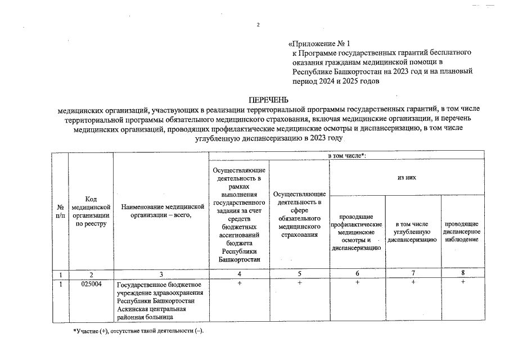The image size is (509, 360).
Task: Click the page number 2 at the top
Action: pos(258,25)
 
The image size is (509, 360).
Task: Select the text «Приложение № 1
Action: pos(319,43)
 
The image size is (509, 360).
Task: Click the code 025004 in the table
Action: pos(91,283)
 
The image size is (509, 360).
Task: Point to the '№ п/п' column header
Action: pos(60,212)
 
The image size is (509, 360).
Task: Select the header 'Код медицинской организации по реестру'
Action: pos(91,212)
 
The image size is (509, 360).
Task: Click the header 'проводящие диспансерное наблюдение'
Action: pos(461,232)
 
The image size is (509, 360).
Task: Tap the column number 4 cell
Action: pos(240,274)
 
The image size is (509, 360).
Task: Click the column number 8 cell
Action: pos(463,274)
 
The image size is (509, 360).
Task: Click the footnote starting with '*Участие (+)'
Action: pos(138,330)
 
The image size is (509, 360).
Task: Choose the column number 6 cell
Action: pos(357,274)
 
